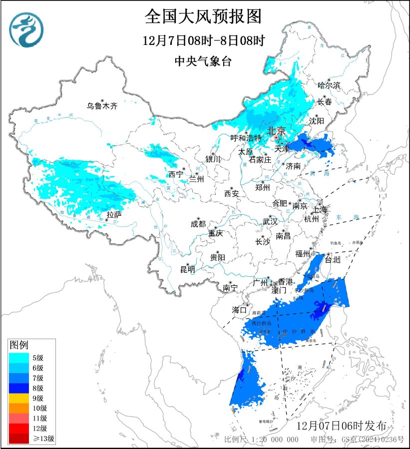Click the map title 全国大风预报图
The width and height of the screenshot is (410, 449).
(203, 16)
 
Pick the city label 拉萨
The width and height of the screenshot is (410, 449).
(114, 215)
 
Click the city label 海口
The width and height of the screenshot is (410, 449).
(239, 310)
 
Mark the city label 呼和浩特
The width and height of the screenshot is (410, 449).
(246, 138)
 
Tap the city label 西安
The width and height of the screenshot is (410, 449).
(232, 193)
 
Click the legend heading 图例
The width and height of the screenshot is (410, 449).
(19, 345)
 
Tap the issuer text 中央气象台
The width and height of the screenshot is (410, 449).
(203, 61)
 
